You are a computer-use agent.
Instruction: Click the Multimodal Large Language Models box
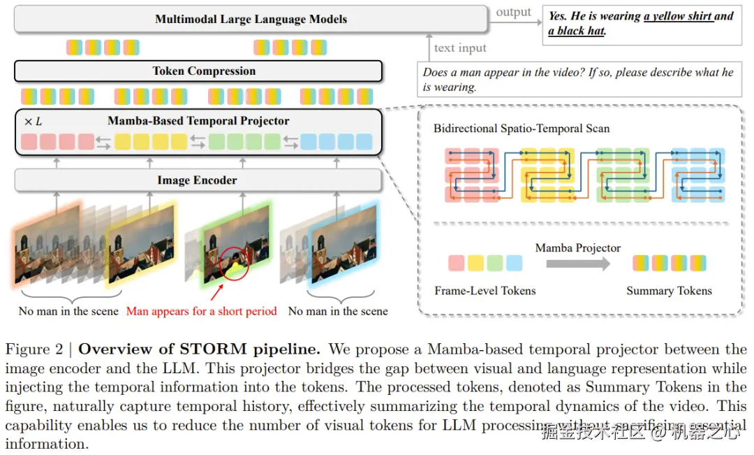251,19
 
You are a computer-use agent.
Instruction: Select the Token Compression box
198,71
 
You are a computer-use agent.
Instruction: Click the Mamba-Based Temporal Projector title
198,121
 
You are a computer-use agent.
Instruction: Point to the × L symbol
33,122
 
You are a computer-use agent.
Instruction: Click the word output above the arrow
513,13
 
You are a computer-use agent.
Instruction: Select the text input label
460,48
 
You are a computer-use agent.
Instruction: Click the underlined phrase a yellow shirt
679,16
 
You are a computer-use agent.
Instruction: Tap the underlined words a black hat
577,31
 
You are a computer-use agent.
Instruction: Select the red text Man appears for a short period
202,311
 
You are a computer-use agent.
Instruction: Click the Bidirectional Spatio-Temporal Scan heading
522,129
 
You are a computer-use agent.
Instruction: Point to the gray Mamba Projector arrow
577,263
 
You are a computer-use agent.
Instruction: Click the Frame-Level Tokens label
485,291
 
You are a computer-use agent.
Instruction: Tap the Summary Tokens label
669,291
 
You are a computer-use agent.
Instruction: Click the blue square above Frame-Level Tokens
514,263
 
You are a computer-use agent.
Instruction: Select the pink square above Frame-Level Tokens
456,263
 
